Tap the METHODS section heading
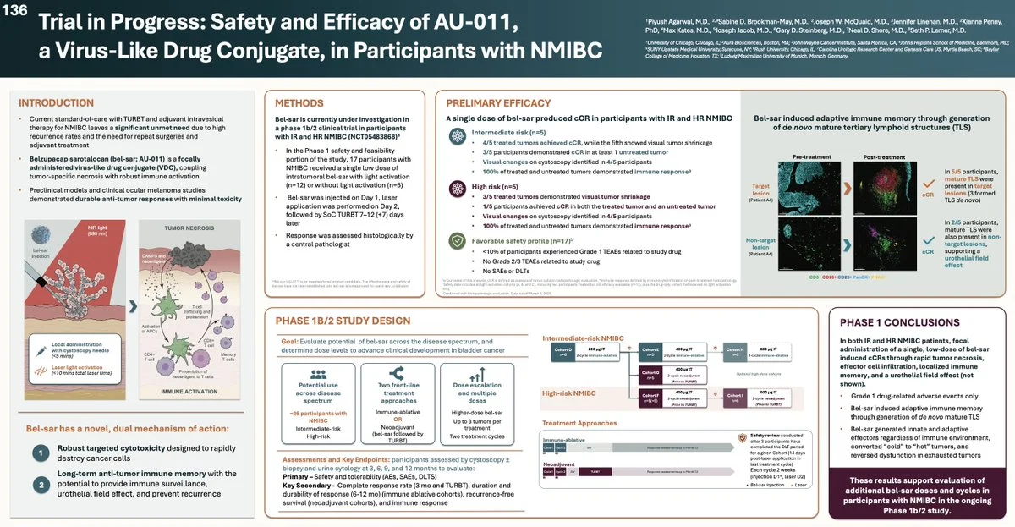(299, 102)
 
